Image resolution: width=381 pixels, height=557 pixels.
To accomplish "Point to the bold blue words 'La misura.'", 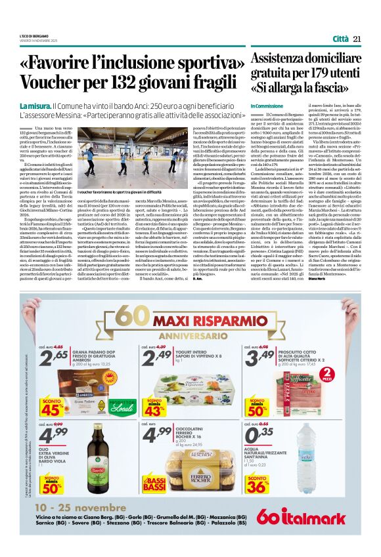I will coord(35,105).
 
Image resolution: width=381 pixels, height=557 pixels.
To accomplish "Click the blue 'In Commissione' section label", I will coord(267,106).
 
